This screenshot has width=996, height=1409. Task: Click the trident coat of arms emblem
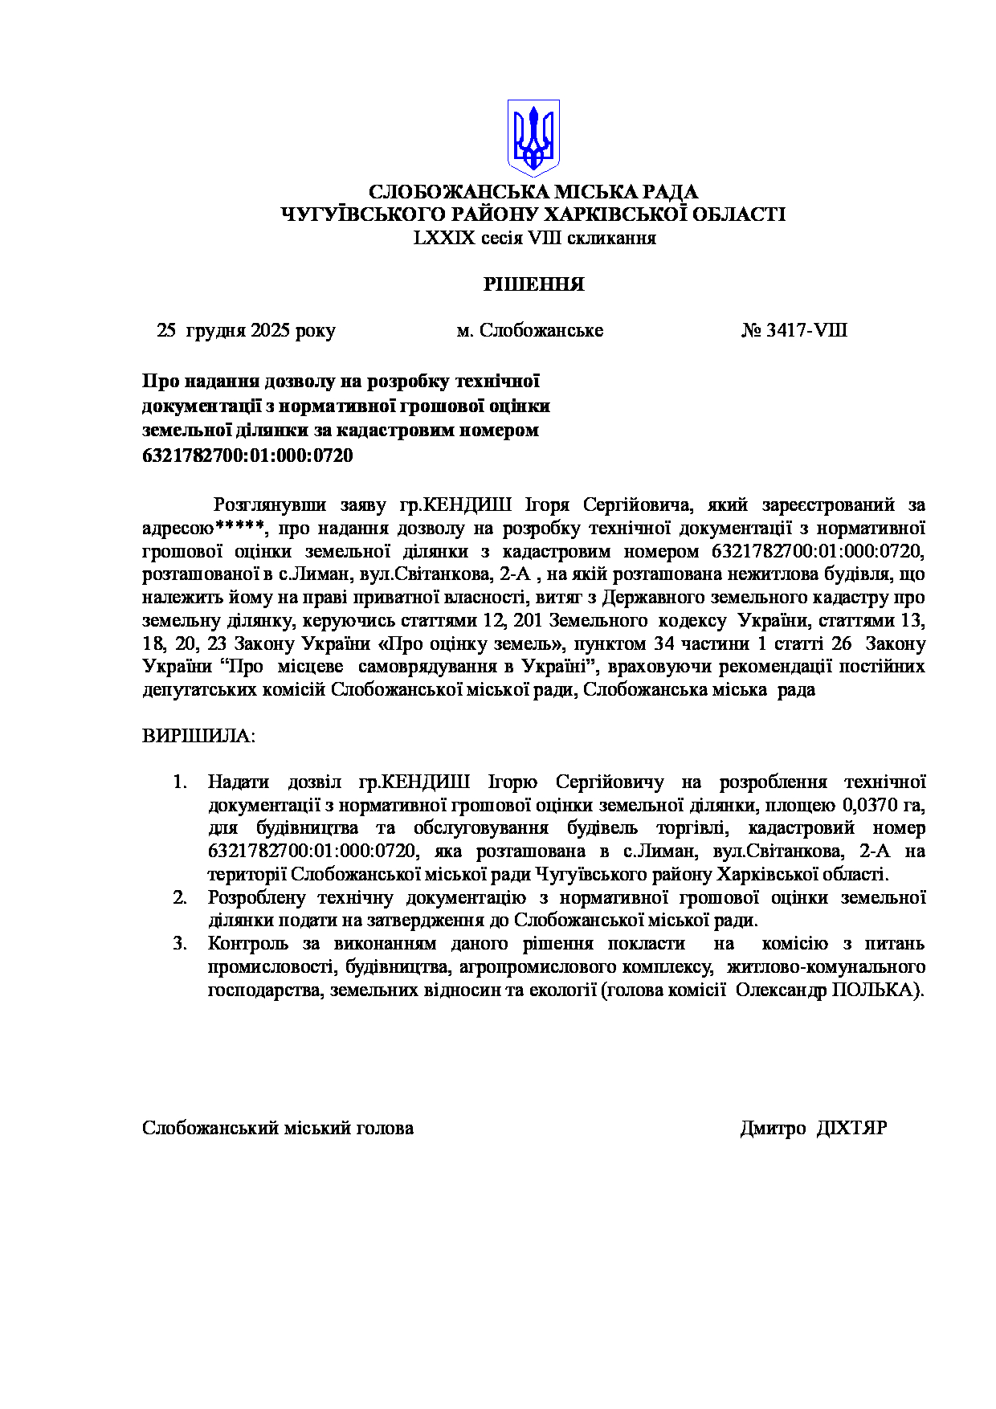[533, 137]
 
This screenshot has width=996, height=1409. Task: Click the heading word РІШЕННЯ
[533, 284]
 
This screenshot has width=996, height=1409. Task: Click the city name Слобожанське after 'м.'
[541, 331]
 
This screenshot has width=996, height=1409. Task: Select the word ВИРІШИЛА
[198, 737]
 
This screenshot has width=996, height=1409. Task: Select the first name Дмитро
[773, 1129]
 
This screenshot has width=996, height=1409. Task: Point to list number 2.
[180, 897]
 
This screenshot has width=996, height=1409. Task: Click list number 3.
[180, 944]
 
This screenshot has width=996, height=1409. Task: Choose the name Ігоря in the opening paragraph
[547, 505]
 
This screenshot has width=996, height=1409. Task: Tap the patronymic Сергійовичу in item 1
[610, 782]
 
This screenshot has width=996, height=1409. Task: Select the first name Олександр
[781, 990]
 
